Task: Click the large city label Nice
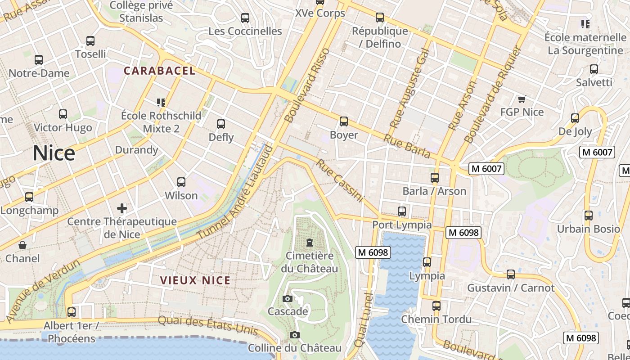[54, 153]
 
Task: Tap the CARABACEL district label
[160, 71]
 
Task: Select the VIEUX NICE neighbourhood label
[195, 280]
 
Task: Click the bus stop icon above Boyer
[344, 121]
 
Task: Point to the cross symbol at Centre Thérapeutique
[121, 208]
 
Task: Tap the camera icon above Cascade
[287, 298]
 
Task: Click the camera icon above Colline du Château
[295, 335]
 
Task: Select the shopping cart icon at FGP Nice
[522, 99]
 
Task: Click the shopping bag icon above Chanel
[22, 245]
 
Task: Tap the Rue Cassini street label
[339, 180]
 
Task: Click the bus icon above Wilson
[181, 182]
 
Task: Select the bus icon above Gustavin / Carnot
[511, 274]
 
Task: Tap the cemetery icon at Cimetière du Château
[309, 243]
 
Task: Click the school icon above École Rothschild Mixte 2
[161, 103]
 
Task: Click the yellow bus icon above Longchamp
[29, 197]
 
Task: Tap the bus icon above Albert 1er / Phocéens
[71, 312]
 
